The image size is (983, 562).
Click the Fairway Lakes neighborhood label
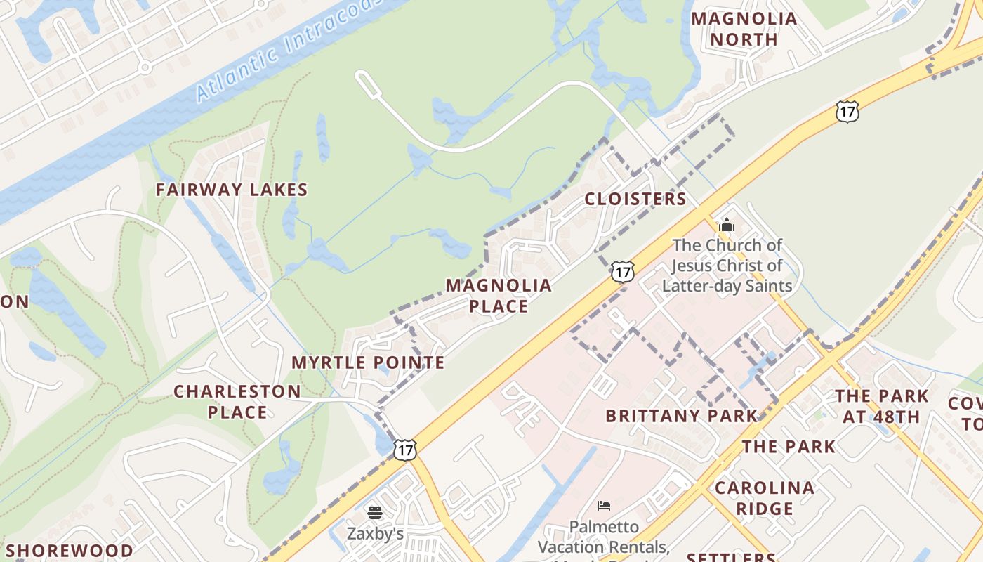tap(232, 190)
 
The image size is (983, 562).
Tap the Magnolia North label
tap(744, 29)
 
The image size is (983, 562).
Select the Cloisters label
tap(635, 199)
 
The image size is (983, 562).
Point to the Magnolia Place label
tap(499, 296)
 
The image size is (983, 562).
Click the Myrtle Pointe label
tap(368, 362)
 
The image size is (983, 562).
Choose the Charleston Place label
tap(237, 401)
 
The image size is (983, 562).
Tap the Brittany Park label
tap(682, 416)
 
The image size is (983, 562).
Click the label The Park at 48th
tap(881, 406)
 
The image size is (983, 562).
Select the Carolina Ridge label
tap(765, 497)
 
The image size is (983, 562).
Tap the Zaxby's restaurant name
tap(375, 534)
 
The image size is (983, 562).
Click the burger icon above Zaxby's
tap(375, 513)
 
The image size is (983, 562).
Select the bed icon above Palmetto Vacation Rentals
tap(604, 505)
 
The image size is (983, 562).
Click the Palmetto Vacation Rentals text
tap(604, 537)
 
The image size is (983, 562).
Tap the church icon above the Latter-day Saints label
tap(727, 226)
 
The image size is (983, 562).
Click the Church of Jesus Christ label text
tap(727, 266)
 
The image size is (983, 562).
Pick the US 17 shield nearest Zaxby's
tap(405, 450)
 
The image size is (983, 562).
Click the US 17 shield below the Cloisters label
tap(622, 271)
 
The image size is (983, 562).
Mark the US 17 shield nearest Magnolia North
tap(847, 111)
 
